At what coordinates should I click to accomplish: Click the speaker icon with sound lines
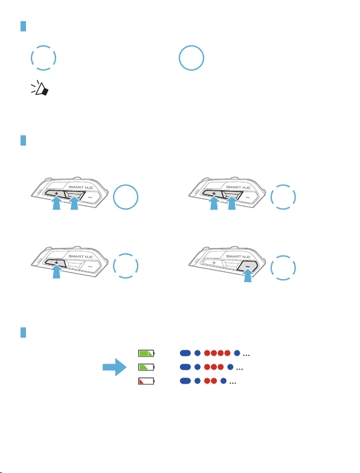pos(39,88)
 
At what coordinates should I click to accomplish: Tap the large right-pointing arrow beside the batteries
pos(115,367)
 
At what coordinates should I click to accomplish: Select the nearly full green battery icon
pos(146,353)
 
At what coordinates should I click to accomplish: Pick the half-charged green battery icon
pos(146,367)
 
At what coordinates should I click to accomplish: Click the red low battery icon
pos(146,381)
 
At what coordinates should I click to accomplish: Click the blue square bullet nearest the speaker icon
pos(23,26)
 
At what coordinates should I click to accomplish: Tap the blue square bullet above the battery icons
pos(23,332)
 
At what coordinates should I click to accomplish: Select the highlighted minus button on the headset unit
pos(247,266)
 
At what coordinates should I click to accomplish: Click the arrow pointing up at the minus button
pos(248,275)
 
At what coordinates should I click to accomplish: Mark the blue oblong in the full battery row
pos(185,353)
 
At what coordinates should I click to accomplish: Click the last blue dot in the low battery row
pos(223,381)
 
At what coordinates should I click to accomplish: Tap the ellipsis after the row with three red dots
pos(240,368)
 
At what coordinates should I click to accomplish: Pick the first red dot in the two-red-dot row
pos(207,381)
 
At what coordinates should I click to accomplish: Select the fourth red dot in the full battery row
pos(227,353)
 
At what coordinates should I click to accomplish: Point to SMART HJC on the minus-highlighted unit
pos(238,256)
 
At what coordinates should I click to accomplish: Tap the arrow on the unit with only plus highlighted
pos(56,271)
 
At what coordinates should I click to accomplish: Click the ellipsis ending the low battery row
pos(233,382)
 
